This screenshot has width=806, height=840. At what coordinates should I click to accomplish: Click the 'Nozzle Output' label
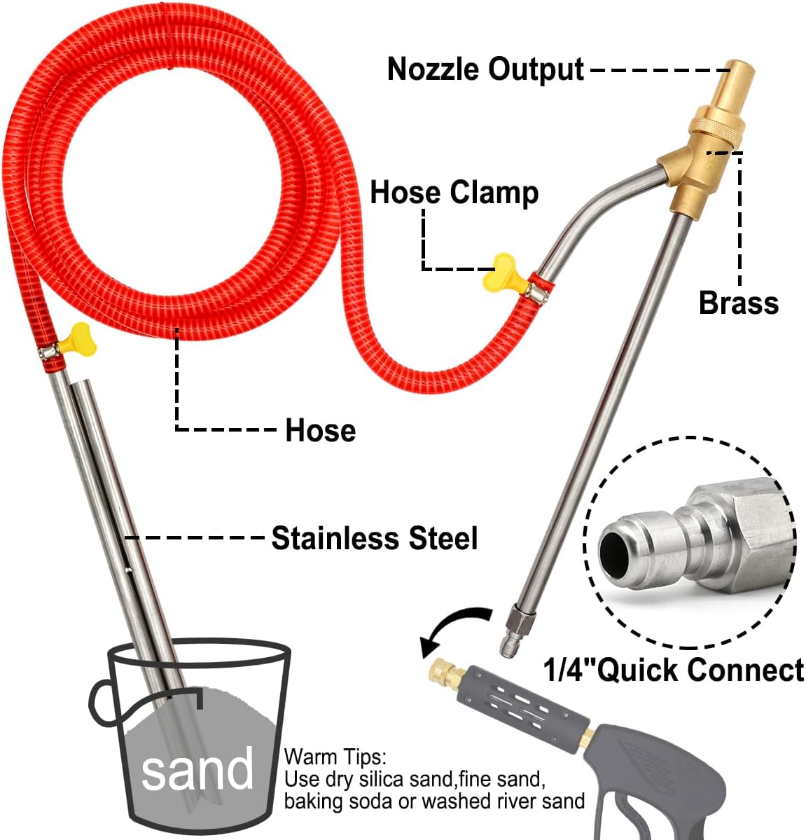click(485, 69)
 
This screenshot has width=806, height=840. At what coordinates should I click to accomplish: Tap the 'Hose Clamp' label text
click(454, 192)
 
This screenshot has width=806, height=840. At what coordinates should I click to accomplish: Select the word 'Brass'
click(738, 303)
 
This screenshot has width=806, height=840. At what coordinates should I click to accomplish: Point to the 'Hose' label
click(320, 430)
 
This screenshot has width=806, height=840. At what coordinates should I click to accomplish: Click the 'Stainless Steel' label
click(375, 538)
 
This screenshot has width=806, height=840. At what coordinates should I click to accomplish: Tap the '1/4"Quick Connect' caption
click(674, 670)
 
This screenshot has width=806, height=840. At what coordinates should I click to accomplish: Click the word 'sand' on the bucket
click(197, 769)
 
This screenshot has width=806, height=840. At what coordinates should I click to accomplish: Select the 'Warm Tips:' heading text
click(334, 757)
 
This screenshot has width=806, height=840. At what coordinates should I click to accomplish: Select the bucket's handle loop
click(103, 703)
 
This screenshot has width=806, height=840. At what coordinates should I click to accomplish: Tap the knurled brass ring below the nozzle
click(714, 130)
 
